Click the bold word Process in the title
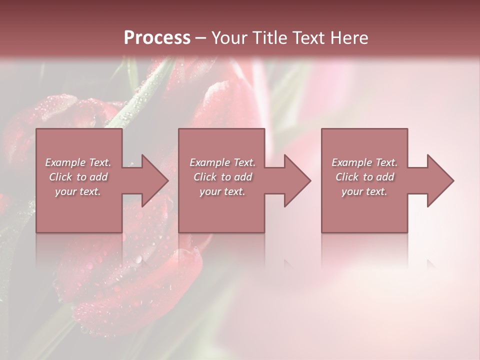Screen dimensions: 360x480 (157, 38)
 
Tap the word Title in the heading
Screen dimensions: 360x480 (270, 38)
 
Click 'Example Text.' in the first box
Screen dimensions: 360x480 (78, 162)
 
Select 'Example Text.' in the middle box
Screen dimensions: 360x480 (222, 162)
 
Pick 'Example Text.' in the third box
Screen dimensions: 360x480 (364, 162)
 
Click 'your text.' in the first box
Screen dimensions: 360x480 (78, 191)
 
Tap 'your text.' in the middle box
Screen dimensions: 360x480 (222, 191)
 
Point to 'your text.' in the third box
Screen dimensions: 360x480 (364, 191)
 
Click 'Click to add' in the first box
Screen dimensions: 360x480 (78, 177)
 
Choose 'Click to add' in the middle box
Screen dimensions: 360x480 (222, 177)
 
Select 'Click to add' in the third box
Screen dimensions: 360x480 (364, 177)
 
